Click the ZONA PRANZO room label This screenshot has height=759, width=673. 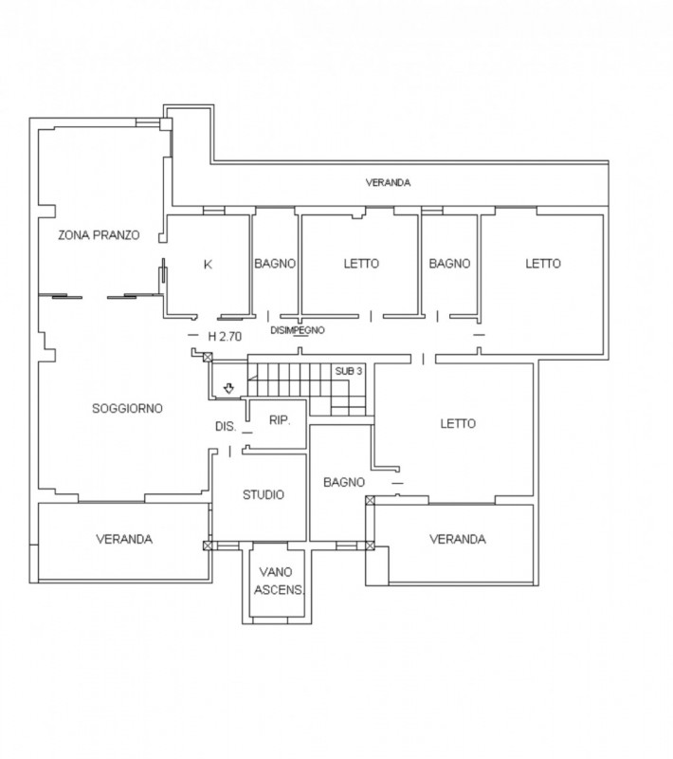99,235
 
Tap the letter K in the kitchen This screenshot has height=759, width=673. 208,265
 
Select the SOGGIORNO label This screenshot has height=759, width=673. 127,409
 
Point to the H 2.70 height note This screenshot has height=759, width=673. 225,337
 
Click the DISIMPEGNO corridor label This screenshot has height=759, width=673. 298,330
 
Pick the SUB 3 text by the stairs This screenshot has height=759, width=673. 349,371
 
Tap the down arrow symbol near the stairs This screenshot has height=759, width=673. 228,388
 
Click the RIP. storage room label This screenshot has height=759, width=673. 280,420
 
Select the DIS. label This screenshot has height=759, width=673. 226,426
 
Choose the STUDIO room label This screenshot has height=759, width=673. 263,494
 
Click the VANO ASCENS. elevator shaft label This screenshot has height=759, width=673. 280,581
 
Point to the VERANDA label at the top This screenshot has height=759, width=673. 388,182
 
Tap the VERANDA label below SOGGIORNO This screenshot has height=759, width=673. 124,539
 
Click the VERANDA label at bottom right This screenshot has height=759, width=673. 458,539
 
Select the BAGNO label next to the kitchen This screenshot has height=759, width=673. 275,264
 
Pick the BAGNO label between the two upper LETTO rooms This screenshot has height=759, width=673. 449,264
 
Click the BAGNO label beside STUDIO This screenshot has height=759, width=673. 344,483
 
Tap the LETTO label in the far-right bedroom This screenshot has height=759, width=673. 543,264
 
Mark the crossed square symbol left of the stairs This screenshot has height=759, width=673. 208,358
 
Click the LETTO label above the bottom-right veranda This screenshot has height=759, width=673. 458,424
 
